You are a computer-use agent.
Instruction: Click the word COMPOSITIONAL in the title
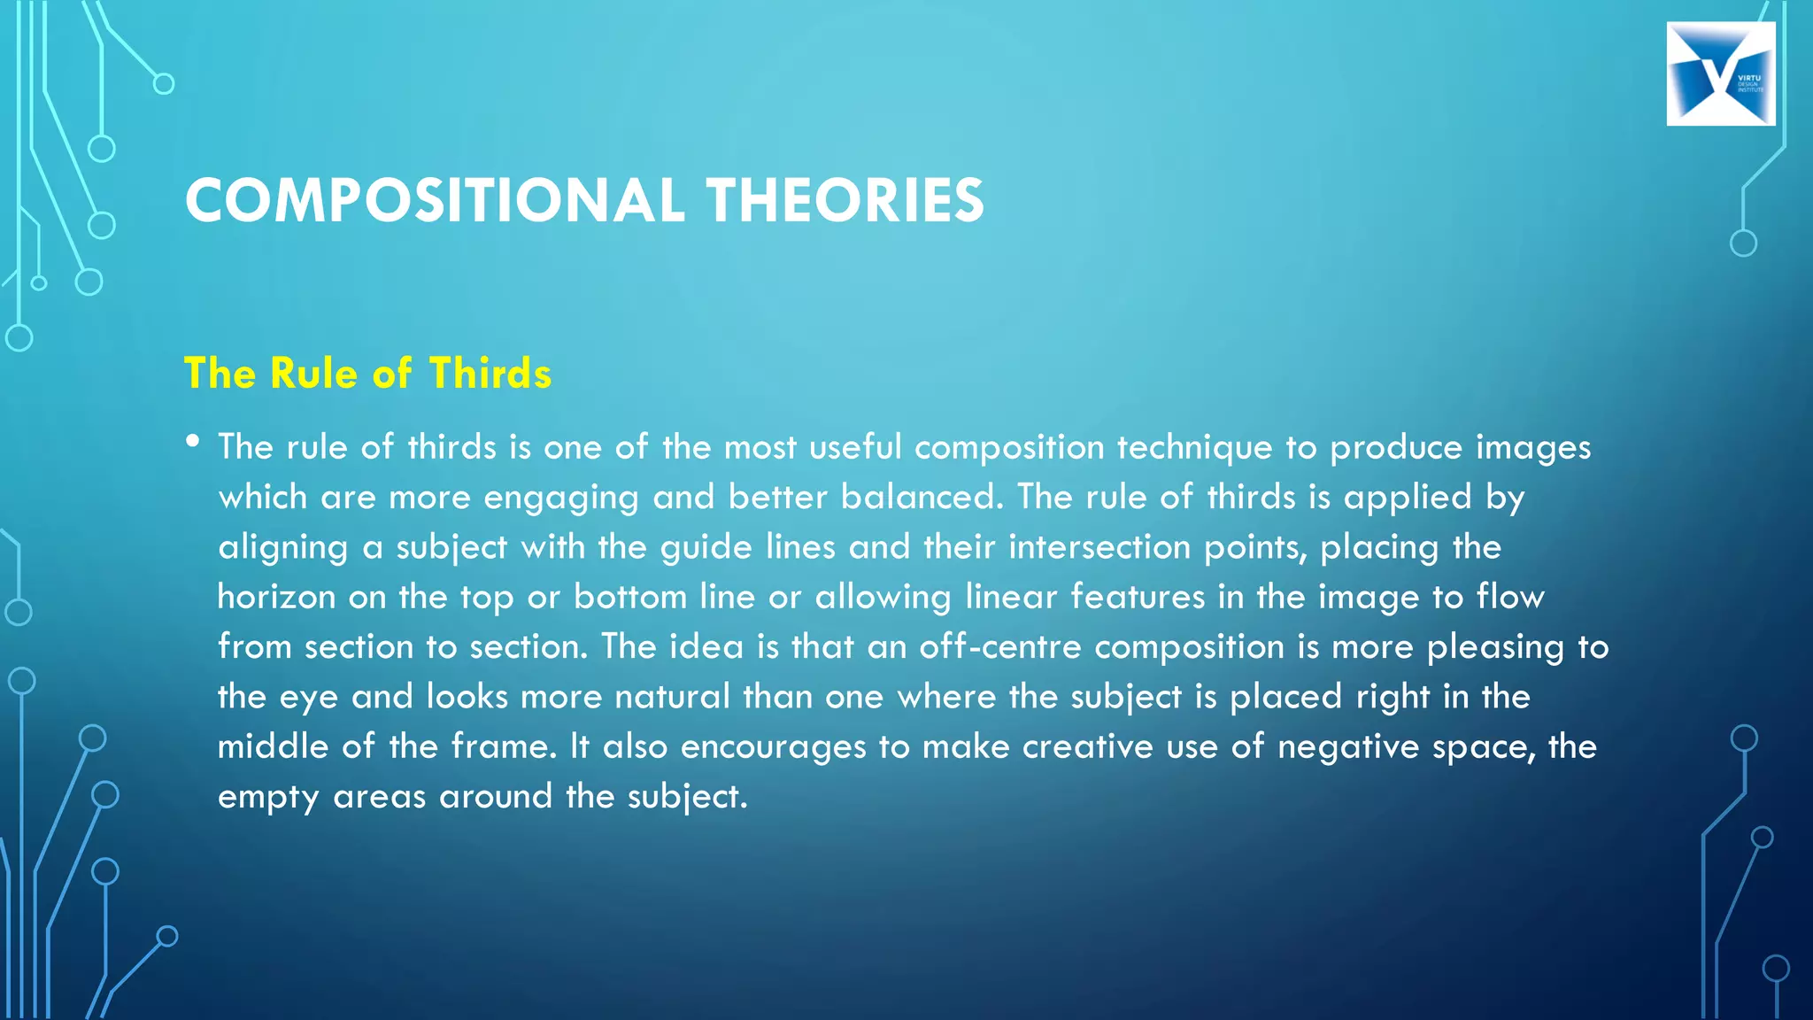click(435, 200)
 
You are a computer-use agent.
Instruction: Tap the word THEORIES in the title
click(845, 200)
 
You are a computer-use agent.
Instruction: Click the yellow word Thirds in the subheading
click(490, 373)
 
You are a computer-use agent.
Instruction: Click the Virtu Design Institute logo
click(1720, 74)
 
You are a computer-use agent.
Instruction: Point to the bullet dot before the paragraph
click(193, 441)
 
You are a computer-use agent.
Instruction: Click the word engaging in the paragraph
click(560, 498)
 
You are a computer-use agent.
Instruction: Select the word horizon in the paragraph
click(276, 597)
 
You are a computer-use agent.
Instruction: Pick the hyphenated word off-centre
click(999, 646)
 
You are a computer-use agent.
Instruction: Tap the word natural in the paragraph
click(672, 697)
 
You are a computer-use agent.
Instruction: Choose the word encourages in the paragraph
click(773, 747)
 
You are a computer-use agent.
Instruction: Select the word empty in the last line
click(268, 798)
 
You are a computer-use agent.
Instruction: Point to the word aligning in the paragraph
click(283, 548)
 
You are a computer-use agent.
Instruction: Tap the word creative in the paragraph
click(1087, 746)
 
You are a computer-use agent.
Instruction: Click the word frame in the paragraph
click(504, 746)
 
